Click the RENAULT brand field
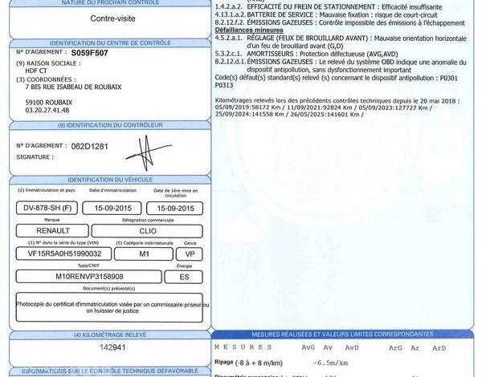(x=47, y=230)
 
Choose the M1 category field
(x=145, y=253)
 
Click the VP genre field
(x=190, y=253)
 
